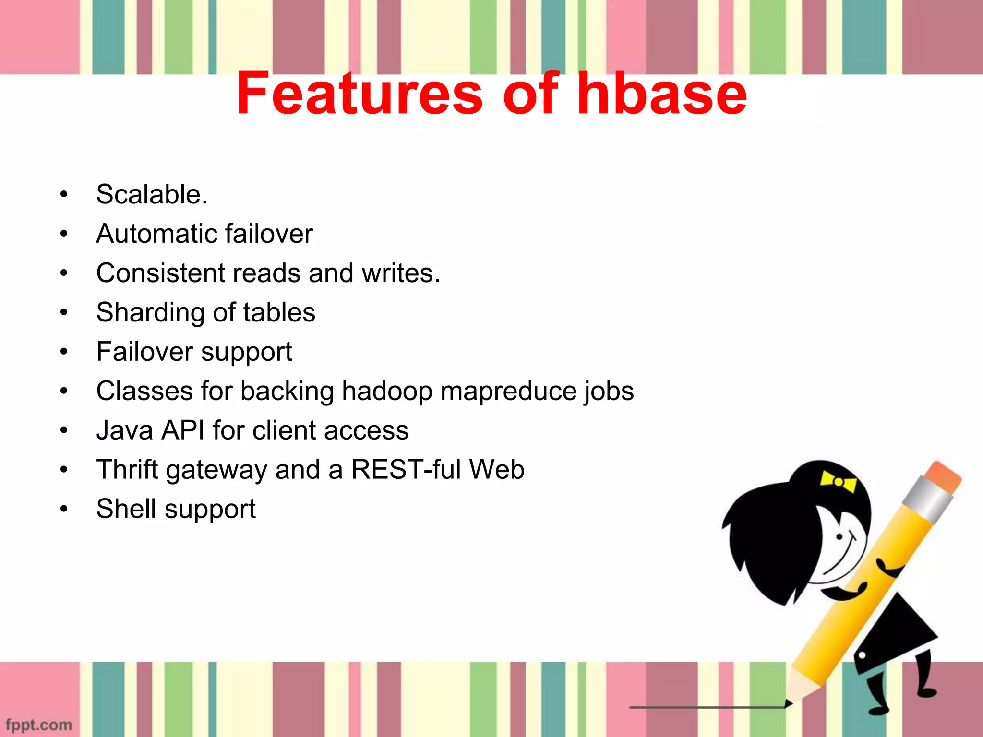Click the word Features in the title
tap(359, 94)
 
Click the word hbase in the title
tap(662, 94)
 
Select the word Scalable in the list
tap(148, 194)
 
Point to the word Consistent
tap(161, 273)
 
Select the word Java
tap(125, 430)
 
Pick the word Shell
tap(126, 509)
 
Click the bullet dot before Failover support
tap(64, 352)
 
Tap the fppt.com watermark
tap(39, 725)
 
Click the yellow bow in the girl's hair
tap(838, 481)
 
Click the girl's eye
tap(839, 536)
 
